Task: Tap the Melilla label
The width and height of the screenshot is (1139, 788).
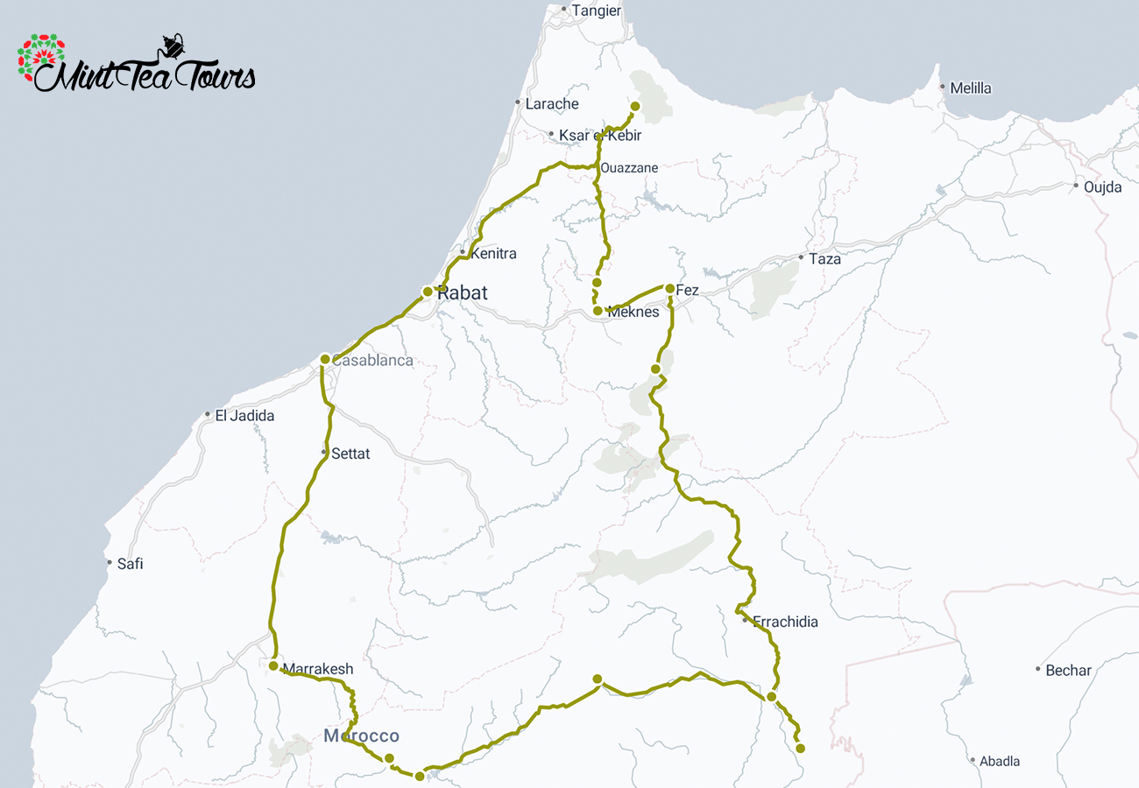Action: [971, 88]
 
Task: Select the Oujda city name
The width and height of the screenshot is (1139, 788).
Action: [1102, 187]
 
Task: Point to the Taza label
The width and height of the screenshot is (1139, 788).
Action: [824, 259]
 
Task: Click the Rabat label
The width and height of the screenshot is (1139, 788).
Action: [463, 293]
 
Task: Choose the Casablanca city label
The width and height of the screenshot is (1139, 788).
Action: [372, 361]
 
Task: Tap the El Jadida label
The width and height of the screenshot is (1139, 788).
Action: [244, 416]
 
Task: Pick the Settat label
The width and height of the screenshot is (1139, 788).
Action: [350, 454]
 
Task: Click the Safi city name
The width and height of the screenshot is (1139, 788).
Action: [130, 564]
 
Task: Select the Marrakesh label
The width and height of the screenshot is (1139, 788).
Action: [317, 669]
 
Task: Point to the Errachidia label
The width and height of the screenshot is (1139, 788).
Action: [785, 623]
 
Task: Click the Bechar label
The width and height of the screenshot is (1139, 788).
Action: [1068, 671]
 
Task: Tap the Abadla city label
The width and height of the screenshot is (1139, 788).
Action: [1000, 762]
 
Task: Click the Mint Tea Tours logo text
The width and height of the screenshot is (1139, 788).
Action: [145, 77]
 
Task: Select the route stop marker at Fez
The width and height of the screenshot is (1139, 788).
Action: [669, 289]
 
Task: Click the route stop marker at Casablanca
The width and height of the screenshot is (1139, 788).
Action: [325, 359]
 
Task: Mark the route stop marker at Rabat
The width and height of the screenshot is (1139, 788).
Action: [428, 292]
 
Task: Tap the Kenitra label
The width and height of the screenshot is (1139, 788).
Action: [493, 254]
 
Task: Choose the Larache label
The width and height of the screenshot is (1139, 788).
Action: [552, 104]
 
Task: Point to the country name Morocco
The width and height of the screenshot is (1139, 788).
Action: [361, 736]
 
